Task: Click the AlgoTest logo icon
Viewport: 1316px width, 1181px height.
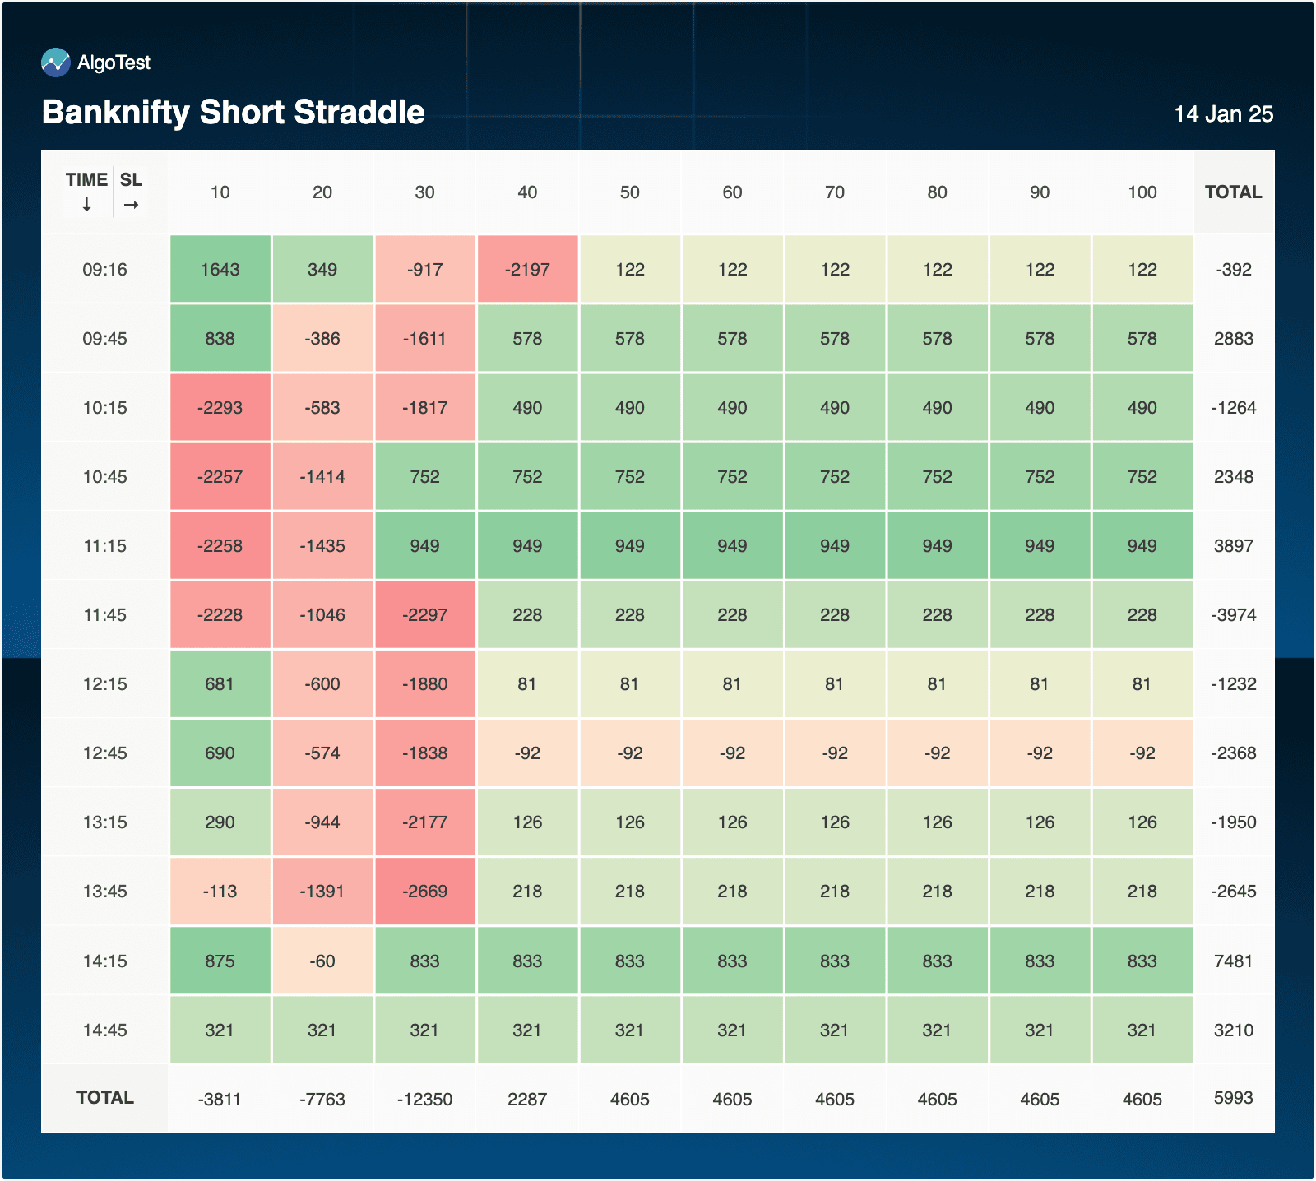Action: point(56,63)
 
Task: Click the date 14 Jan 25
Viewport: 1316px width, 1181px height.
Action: point(1223,114)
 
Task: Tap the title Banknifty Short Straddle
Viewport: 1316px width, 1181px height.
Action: point(234,113)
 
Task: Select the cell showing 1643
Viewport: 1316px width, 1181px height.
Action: point(220,270)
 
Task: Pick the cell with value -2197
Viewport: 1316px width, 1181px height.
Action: point(527,270)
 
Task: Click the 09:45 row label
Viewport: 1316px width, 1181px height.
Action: point(104,339)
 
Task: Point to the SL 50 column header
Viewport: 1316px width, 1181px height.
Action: point(629,192)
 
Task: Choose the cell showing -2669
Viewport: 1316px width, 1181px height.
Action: point(424,892)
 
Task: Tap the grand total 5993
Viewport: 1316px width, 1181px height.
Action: point(1233,1098)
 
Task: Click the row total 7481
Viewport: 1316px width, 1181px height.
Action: point(1233,961)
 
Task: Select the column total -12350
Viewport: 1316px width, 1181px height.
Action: point(424,1100)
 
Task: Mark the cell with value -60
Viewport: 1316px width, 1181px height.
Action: point(322,961)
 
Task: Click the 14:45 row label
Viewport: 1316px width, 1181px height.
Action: point(104,1030)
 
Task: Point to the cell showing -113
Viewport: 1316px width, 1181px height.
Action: point(220,892)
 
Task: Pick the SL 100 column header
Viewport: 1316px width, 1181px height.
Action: point(1142,192)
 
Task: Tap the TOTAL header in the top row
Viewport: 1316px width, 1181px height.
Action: point(1233,192)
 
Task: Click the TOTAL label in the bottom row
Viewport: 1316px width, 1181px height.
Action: point(104,1098)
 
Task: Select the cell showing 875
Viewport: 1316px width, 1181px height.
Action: point(220,961)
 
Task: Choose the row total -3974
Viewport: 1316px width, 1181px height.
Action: point(1233,615)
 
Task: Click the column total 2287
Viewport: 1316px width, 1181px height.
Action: point(527,1100)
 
